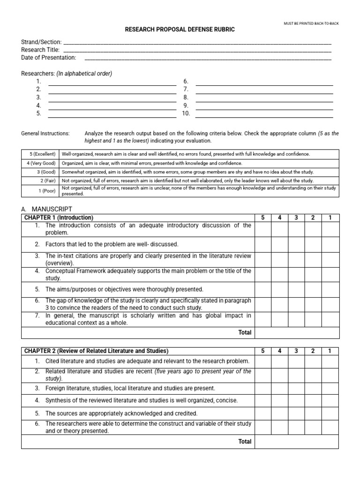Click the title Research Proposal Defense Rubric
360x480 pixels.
(x=180, y=30)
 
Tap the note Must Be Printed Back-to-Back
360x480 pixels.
(x=312, y=23)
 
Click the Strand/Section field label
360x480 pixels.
(x=41, y=42)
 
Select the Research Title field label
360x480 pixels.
(x=40, y=50)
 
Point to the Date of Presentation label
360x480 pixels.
(x=48, y=57)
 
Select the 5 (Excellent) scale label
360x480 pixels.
(x=40, y=154)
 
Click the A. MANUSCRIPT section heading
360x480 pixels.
(x=47, y=209)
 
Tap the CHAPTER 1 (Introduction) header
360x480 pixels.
(x=59, y=217)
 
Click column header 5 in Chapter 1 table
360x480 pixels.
(x=263, y=217)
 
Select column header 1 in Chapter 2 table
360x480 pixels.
(x=330, y=351)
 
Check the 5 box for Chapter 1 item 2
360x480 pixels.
(x=263, y=244)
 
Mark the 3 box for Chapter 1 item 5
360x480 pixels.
(x=296, y=289)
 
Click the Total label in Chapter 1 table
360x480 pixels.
(x=245, y=332)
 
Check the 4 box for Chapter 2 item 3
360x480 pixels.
(x=279, y=388)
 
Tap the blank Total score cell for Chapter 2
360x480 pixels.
(x=297, y=442)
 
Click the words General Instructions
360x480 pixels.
(x=45, y=134)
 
